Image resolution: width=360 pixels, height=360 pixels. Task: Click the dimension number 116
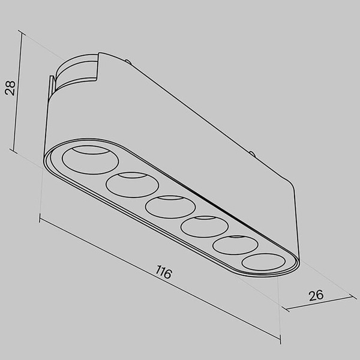(x=163, y=272)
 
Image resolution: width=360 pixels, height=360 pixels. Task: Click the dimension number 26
(x=316, y=295)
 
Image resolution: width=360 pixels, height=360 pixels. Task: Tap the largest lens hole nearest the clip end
(x=91, y=160)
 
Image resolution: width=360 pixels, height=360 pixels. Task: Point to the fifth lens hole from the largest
(x=235, y=245)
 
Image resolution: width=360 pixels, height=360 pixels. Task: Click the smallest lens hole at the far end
(x=263, y=262)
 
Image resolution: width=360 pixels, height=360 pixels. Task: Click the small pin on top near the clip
(x=128, y=61)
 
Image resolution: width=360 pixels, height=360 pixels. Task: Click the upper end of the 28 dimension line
(x=22, y=32)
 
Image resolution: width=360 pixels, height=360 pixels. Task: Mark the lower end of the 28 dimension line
(x=13, y=150)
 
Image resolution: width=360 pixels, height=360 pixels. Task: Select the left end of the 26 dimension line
(x=286, y=310)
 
